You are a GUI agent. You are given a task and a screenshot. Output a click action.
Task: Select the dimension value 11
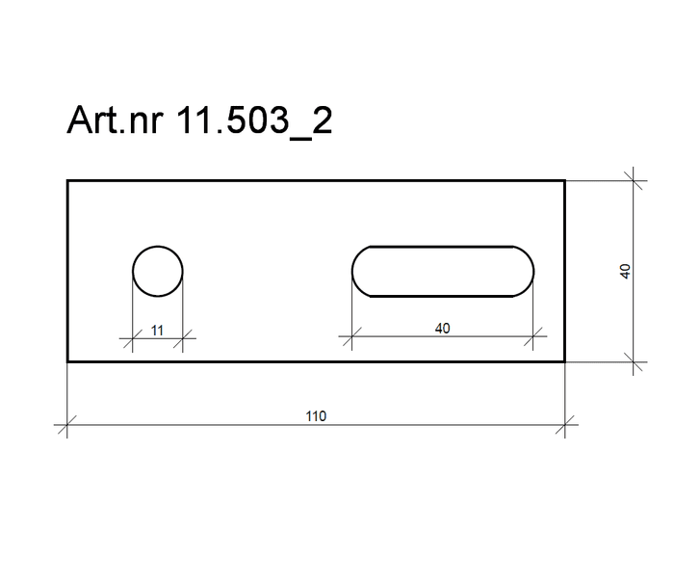157,331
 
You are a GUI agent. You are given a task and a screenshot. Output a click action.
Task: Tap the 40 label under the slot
442,329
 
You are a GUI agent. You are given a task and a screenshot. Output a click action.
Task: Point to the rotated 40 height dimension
626,271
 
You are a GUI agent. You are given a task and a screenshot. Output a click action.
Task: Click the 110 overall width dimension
316,416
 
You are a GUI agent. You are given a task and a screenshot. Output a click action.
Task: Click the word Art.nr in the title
116,120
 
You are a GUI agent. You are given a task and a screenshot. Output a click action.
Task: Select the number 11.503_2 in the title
254,120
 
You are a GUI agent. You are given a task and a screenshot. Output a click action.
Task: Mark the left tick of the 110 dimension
67,425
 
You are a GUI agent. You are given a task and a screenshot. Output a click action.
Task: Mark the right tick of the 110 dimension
565,425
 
